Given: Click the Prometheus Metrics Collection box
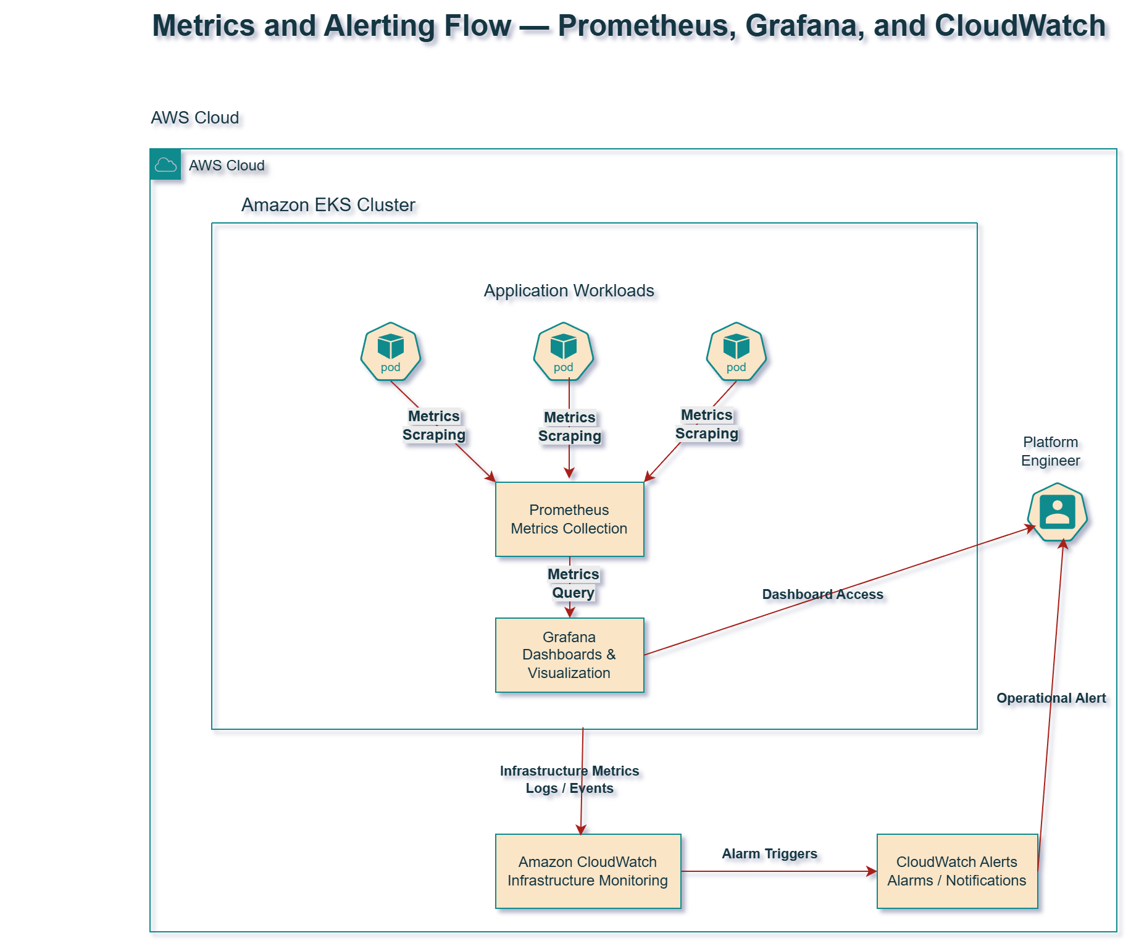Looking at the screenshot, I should tap(569, 519).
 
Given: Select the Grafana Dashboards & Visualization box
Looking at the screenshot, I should tap(569, 655).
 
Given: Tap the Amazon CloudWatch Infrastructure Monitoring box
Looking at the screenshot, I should tap(588, 871).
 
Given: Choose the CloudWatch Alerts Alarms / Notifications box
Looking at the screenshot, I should tap(957, 871).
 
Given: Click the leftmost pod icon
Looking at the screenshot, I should tap(391, 351).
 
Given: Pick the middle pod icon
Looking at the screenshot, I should tap(564, 351).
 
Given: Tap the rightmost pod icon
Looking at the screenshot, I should tap(737, 351).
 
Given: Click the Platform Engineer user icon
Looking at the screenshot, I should tap(1058, 513).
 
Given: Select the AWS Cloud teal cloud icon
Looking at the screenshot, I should tap(165, 164).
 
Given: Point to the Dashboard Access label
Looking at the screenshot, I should tap(822, 594).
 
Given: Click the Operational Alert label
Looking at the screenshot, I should tap(1051, 698).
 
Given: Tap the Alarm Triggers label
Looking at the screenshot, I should tap(769, 853).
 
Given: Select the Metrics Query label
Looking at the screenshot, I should tap(574, 584).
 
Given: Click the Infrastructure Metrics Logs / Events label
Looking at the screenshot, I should tap(569, 779).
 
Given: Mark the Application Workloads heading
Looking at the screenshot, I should tap(569, 290).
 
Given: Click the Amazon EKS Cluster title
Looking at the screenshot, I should tap(328, 204).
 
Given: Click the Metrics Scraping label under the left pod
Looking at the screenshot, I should tap(434, 425).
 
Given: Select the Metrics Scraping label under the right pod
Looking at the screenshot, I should tap(707, 424).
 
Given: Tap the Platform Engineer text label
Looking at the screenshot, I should tap(1050, 451).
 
